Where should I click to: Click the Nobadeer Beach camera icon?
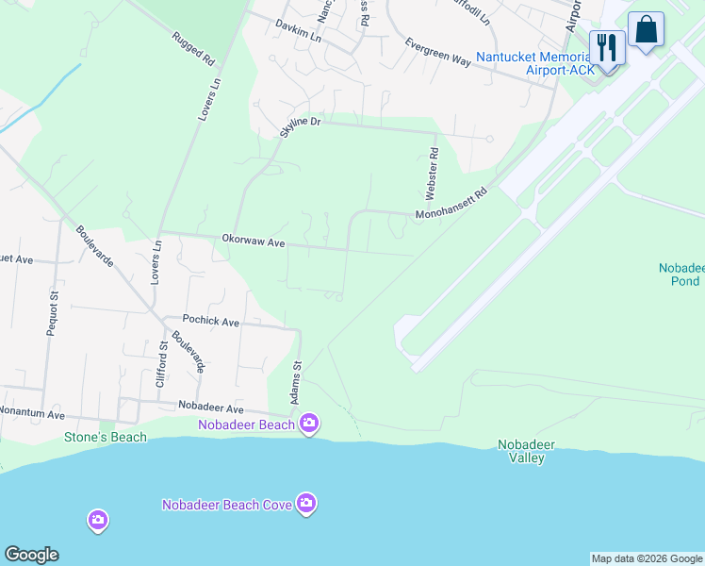(309, 424)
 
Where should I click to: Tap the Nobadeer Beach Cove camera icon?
(305, 504)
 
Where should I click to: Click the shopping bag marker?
(646, 29)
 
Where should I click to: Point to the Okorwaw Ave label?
(254, 242)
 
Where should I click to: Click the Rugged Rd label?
(193, 48)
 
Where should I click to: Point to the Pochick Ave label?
(211, 322)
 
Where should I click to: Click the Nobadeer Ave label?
(212, 409)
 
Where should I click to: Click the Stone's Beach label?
(106, 437)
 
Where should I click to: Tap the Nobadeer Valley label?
(527, 451)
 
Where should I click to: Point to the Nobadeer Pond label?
(680, 275)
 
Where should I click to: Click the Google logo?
(31, 555)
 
